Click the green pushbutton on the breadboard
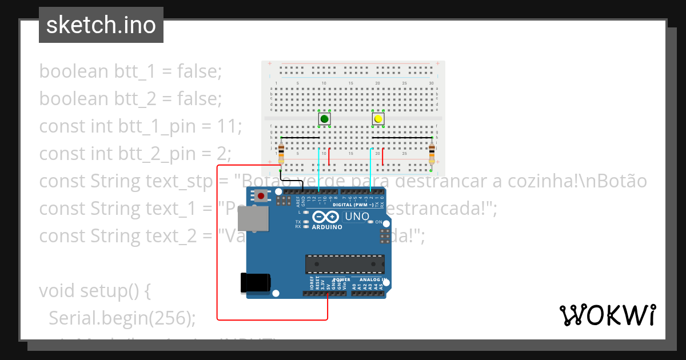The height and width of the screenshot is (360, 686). [324, 119]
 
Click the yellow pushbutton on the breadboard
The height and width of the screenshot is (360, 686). [378, 119]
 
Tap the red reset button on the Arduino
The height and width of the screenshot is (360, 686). [261, 197]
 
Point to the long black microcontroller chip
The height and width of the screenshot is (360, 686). [345, 264]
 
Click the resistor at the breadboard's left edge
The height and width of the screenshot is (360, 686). [280, 154]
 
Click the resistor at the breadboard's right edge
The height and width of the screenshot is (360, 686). [432, 154]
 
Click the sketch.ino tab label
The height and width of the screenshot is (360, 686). [101, 25]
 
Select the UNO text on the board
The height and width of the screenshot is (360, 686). [357, 217]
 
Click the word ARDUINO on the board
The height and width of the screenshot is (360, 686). [327, 227]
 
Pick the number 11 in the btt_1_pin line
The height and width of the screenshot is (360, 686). [231, 126]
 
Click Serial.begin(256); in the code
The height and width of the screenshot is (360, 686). [122, 318]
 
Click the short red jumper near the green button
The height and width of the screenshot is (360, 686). [329, 155]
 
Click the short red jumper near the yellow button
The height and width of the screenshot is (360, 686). [382, 155]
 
